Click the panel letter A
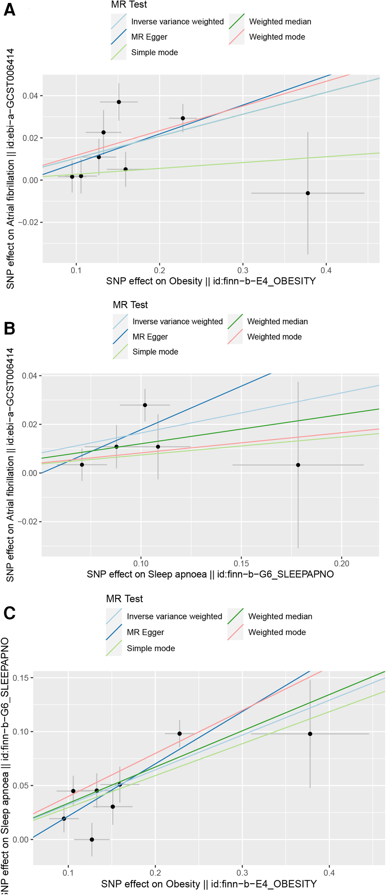(x=9, y=9)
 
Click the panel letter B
(x=9, y=329)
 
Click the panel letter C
(x=9, y=613)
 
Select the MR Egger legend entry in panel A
(x=149, y=37)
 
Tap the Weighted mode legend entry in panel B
(x=274, y=337)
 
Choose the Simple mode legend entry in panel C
(x=151, y=648)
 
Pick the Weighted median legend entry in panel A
(x=280, y=22)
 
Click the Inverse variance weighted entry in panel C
(x=174, y=616)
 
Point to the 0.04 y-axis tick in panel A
(x=30, y=96)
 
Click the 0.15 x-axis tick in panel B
(x=241, y=563)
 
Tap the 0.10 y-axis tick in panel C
(x=20, y=732)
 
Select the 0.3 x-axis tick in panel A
(x=243, y=271)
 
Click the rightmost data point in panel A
(x=308, y=193)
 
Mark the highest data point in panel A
(x=119, y=102)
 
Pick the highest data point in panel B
(x=145, y=405)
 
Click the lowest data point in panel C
(x=92, y=839)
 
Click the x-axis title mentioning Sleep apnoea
(x=210, y=574)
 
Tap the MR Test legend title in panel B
(x=130, y=305)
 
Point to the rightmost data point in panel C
(x=310, y=734)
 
